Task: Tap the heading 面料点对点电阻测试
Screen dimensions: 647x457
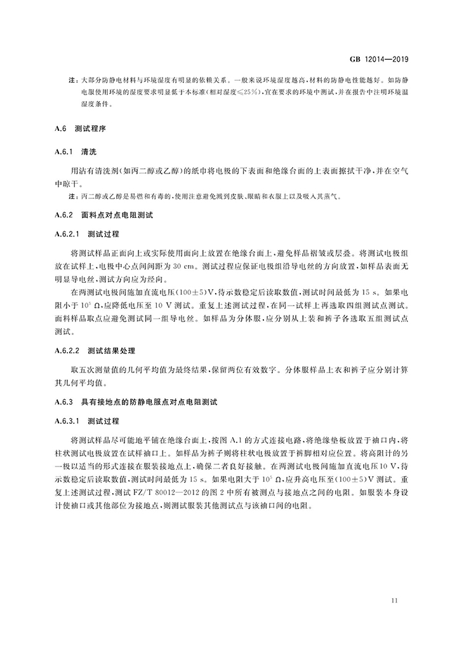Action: point(117,215)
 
